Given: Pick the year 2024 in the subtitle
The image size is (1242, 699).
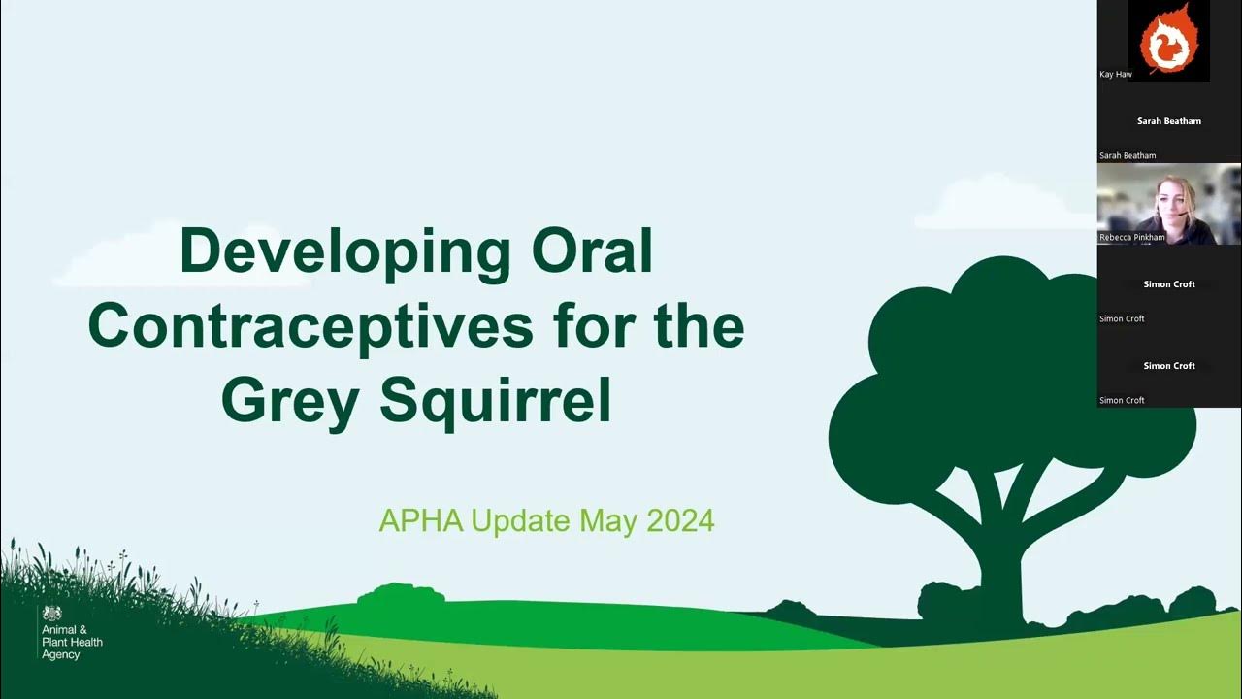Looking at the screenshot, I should coord(680,521).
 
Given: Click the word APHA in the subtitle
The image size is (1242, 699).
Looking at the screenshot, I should coord(420,521).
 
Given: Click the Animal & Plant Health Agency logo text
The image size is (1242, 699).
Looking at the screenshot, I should coord(72,642).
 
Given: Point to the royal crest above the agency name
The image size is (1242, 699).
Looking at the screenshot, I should coord(51,614).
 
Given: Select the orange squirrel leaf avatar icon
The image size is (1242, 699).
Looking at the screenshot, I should coord(1168,40).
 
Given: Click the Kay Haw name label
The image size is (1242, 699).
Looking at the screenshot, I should coord(1116,74).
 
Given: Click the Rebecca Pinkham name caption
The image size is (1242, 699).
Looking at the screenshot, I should coord(1132,237).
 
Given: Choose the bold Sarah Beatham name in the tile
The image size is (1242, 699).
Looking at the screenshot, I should coord(1169,121).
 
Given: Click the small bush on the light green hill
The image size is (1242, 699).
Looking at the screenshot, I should coord(401,594).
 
